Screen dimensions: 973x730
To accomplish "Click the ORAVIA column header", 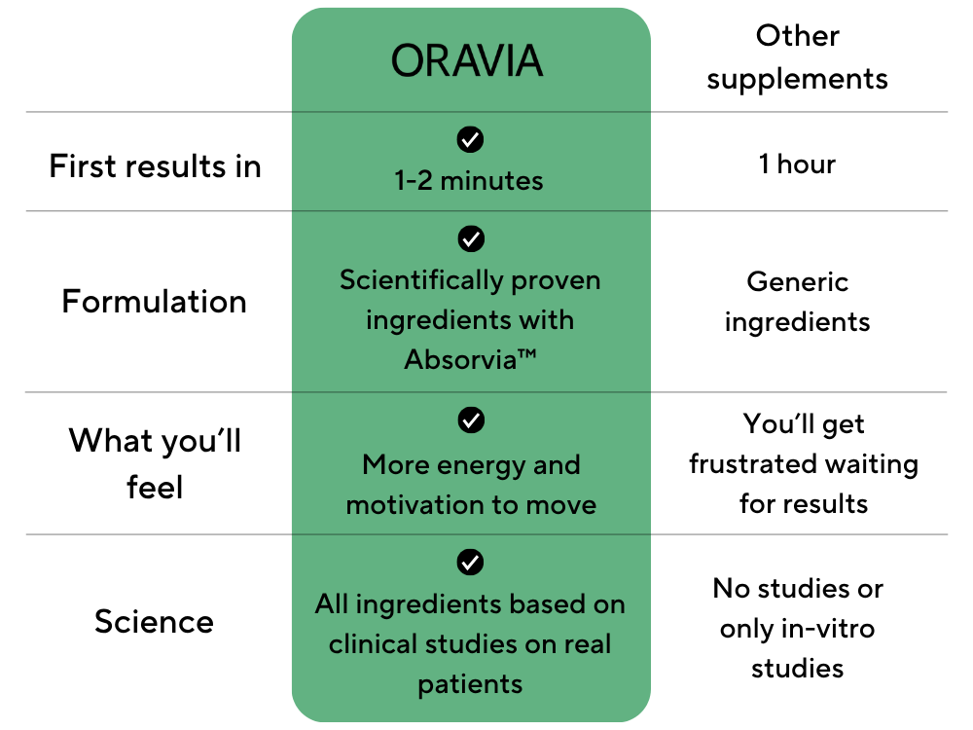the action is [467, 60].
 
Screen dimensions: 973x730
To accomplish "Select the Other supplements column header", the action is [798, 57].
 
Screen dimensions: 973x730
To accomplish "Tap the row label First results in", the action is [155, 166].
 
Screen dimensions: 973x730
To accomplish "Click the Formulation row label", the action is [155, 302].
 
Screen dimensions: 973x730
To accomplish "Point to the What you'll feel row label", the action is [155, 463].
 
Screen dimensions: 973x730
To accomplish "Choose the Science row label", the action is [154, 621].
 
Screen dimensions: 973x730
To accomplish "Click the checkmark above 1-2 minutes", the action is [470, 139].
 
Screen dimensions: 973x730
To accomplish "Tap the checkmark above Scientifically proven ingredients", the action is [471, 238].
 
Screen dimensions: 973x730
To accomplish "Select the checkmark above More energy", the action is [471, 420].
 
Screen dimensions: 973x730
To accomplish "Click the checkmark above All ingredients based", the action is [470, 563].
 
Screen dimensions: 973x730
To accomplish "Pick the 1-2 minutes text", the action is [469, 181].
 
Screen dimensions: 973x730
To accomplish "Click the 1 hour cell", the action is [798, 164].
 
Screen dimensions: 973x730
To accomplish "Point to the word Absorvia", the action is [460, 359].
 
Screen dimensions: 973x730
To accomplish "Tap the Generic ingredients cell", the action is [798, 302].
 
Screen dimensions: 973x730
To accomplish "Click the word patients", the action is [470, 684].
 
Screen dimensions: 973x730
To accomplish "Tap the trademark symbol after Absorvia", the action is [526, 354].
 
